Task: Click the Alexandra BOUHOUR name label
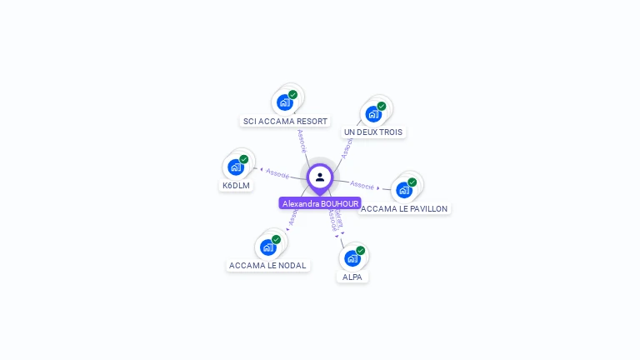coord(320,203)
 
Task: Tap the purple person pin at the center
coord(320,177)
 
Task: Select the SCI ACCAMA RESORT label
coord(285,121)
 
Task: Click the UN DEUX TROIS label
coord(372,132)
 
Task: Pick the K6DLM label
coord(236,185)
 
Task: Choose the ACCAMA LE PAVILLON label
coord(405,208)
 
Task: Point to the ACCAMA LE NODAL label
coord(267,265)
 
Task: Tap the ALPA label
coord(352,277)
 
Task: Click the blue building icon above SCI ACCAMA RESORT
coord(284,102)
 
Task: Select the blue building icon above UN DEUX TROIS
coord(372,113)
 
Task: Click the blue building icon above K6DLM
coord(235,167)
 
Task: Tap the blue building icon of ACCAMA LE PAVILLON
coord(403,190)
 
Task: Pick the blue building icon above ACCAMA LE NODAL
coord(267,247)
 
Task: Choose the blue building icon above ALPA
coord(352,258)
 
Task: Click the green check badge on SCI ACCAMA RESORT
coord(293,95)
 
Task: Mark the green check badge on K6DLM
coord(244,159)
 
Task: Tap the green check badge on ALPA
coord(361,250)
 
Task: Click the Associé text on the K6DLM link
coord(277,174)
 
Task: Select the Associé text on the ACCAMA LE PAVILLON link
coord(362,184)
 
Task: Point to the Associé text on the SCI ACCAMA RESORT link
coord(302,141)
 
